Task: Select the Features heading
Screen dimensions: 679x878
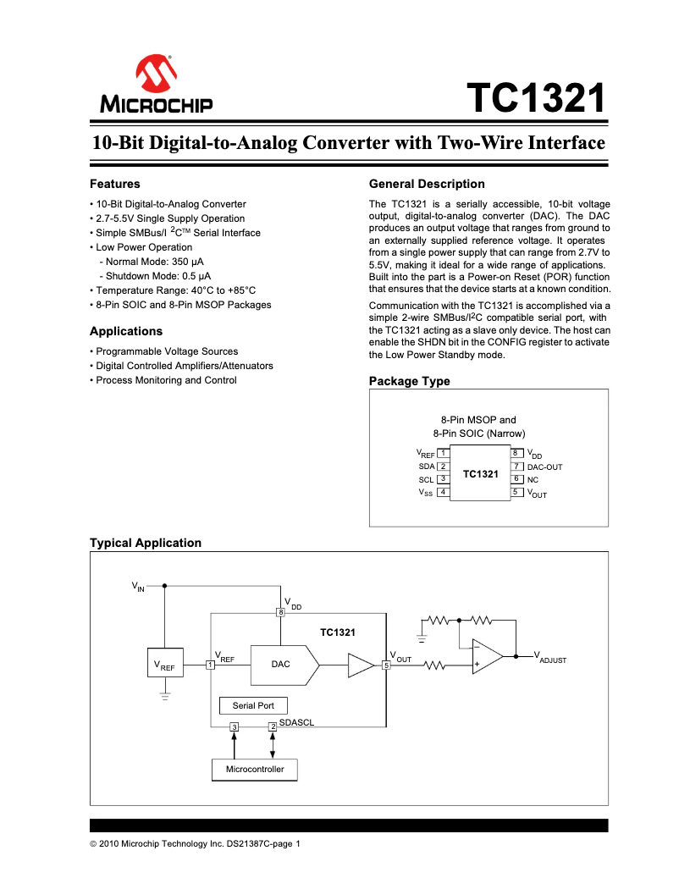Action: click(x=115, y=184)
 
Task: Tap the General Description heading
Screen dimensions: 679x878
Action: click(x=427, y=184)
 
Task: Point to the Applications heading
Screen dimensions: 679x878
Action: click(x=126, y=331)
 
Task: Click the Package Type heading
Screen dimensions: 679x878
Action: click(x=409, y=381)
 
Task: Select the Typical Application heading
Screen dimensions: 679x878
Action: click(x=146, y=543)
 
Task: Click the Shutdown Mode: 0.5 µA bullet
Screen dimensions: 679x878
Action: click(x=155, y=276)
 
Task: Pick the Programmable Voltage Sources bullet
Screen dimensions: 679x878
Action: click(x=167, y=351)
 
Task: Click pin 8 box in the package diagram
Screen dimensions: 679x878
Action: click(x=515, y=453)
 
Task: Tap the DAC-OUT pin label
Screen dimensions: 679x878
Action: click(x=544, y=467)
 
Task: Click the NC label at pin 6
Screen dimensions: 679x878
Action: click(x=533, y=479)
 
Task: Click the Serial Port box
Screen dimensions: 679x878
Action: click(x=253, y=705)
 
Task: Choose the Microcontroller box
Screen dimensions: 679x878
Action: click(x=254, y=769)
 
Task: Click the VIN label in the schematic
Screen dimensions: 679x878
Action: click(x=138, y=586)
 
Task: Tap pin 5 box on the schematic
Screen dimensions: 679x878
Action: click(x=386, y=665)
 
